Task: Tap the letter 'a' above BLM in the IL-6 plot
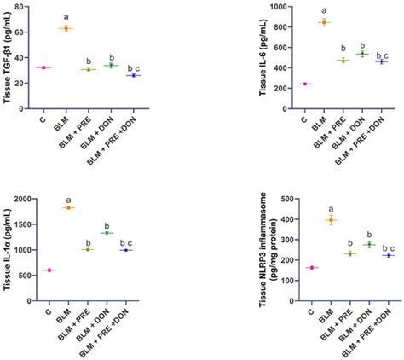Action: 325,10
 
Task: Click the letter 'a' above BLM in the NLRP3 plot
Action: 326,207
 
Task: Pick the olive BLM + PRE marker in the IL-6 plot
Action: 345,61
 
